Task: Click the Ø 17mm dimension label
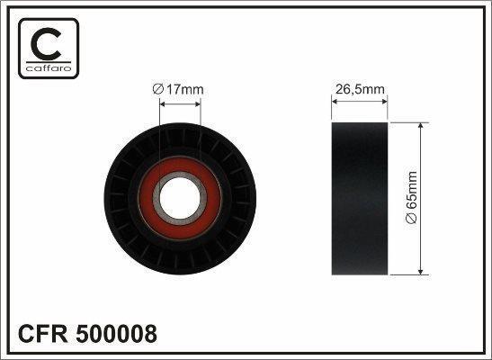pyautogui.click(x=178, y=90)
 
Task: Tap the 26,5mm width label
pyautogui.click(x=360, y=90)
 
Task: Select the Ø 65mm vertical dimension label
pyautogui.click(x=412, y=197)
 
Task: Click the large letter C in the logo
pyautogui.click(x=47, y=44)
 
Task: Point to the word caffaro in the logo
pyautogui.click(x=49, y=68)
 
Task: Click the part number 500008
pyautogui.click(x=116, y=334)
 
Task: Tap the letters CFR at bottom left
pyautogui.click(x=43, y=334)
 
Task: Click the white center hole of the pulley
pyautogui.click(x=180, y=198)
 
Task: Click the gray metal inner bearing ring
pyautogui.click(x=180, y=221)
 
